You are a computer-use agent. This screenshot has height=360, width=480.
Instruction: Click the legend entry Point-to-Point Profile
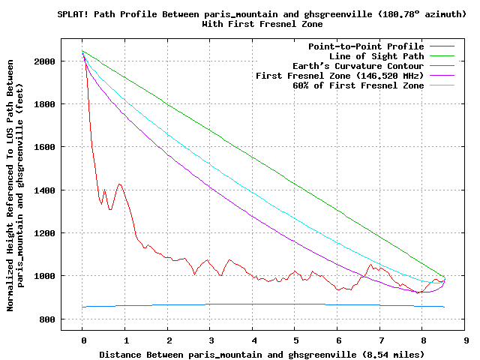(x=366, y=46)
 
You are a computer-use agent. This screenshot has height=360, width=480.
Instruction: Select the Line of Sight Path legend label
(x=376, y=56)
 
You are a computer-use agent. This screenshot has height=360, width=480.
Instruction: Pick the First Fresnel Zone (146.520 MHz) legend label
(x=340, y=76)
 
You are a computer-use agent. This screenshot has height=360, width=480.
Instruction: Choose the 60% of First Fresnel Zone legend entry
(x=358, y=85)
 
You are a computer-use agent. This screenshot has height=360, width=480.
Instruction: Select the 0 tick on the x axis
(x=82, y=339)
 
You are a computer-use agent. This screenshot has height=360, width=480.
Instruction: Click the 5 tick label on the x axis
(x=295, y=339)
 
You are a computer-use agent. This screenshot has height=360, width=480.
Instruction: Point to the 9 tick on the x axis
(x=466, y=339)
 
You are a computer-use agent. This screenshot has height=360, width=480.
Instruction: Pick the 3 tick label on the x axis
(x=211, y=339)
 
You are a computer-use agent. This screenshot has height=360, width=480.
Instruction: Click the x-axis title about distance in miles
(x=262, y=354)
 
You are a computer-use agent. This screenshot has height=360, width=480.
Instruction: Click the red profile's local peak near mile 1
(x=119, y=184)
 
